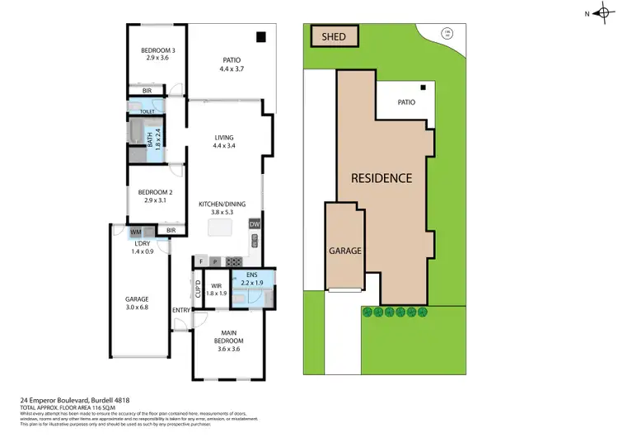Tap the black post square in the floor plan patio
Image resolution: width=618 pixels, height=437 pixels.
260,36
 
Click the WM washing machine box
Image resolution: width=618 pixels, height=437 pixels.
135,232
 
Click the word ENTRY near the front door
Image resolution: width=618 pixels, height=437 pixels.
180,310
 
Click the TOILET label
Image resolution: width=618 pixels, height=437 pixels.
147,110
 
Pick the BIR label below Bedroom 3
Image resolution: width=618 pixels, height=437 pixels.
147,91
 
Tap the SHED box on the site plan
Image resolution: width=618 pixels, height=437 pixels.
334,37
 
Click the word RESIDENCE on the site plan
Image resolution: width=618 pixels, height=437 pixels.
382,177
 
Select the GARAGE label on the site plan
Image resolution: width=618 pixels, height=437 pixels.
344,250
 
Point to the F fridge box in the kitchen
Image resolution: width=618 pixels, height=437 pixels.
200,262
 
